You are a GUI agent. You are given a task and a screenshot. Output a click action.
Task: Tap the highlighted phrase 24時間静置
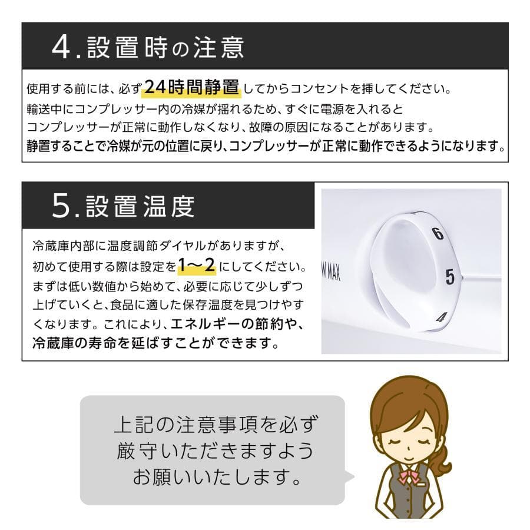(x=192, y=88)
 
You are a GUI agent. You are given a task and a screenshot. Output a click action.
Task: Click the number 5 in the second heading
(x=61, y=206)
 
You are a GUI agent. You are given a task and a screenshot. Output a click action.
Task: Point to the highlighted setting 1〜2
(x=197, y=266)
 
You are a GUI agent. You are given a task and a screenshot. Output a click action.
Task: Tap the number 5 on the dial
(x=450, y=277)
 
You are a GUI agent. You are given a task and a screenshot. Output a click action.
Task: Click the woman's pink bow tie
(x=409, y=476)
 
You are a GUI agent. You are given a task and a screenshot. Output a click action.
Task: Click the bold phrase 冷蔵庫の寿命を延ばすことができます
(x=156, y=342)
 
